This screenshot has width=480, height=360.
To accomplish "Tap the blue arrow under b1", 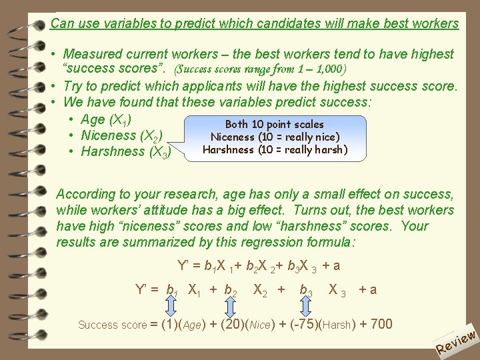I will [171, 307].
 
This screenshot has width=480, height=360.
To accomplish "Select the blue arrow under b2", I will [231, 307].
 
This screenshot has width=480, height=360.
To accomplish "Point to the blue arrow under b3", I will [307, 307].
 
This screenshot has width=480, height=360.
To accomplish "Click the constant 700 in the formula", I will [381, 325].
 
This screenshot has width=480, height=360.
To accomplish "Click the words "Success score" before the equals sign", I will [111, 325].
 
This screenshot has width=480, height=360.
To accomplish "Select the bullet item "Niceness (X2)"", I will [121, 136].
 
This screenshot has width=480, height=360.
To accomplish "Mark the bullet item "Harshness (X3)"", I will [125, 152].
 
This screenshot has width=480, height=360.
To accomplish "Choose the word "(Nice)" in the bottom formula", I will [259, 325].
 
